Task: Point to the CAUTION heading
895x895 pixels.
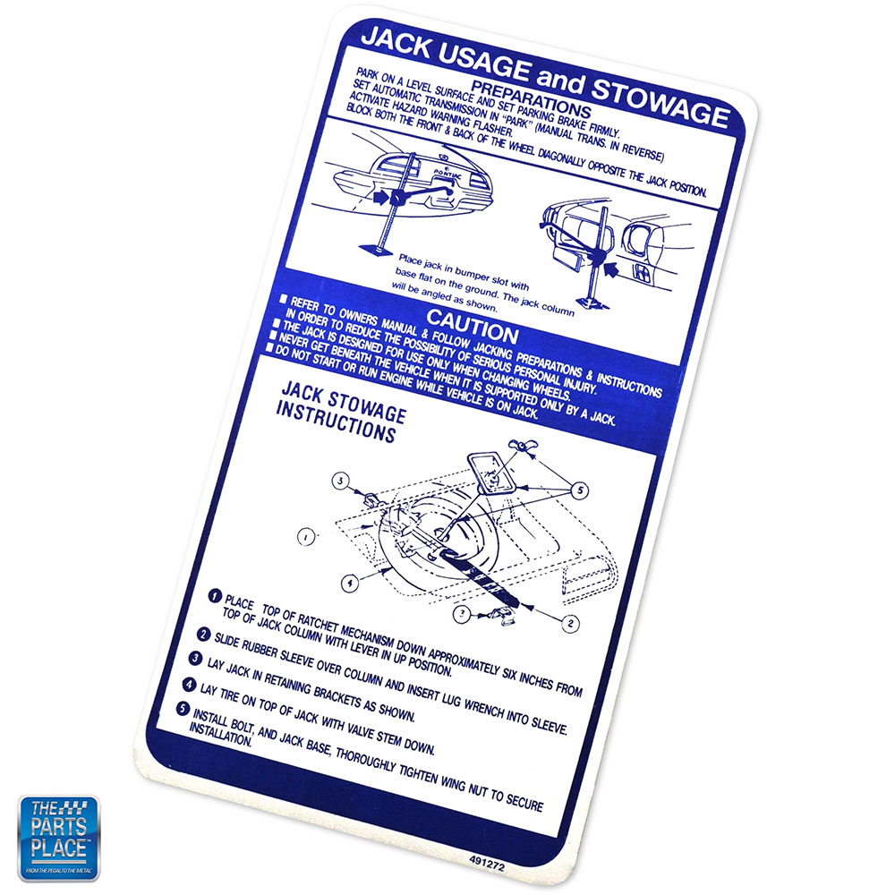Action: click(472, 325)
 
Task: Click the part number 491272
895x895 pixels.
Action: click(487, 863)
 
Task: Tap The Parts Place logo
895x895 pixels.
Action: click(58, 838)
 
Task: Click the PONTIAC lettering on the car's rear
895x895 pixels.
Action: click(447, 174)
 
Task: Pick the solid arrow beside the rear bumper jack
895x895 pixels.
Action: click(378, 199)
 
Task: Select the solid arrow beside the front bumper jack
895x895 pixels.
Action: click(610, 269)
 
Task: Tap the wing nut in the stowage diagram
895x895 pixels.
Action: click(524, 447)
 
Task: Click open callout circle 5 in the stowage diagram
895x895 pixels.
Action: click(580, 490)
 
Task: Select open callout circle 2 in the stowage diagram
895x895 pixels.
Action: click(569, 623)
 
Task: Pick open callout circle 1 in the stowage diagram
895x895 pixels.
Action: click(306, 537)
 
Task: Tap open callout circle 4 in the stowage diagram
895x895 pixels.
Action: click(349, 584)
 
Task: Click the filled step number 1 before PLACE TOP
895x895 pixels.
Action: click(215, 596)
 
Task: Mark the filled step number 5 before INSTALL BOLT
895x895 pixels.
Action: click(182, 708)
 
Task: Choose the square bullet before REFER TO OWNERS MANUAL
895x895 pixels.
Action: click(283, 299)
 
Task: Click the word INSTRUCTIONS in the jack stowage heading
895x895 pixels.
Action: click(336, 423)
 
